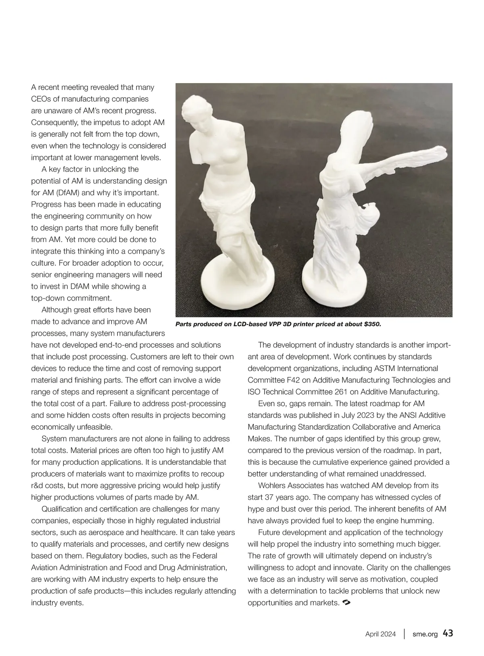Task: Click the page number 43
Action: [x=448, y=633]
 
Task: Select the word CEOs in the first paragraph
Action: [x=41, y=99]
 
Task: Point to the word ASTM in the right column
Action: [x=386, y=368]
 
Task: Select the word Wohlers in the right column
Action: [x=271, y=485]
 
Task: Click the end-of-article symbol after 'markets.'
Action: [x=345, y=603]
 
